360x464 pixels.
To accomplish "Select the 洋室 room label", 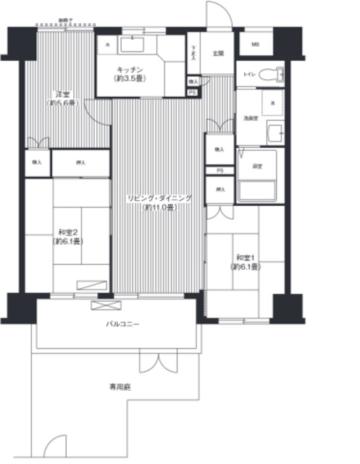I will point(62,94).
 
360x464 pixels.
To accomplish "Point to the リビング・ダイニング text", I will point(159,198).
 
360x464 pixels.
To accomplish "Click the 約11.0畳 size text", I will point(159,208).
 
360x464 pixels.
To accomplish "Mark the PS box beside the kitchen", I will point(193,92).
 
